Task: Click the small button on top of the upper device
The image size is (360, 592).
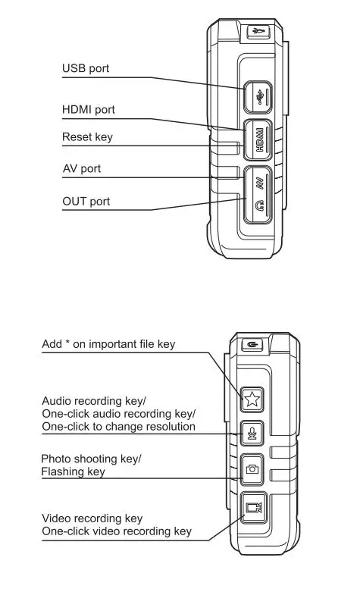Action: click(258, 31)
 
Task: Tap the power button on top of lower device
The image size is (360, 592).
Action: click(252, 345)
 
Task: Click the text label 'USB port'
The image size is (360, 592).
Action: click(85, 69)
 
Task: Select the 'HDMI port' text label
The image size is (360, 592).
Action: click(88, 110)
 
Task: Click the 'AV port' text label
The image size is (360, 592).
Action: click(81, 168)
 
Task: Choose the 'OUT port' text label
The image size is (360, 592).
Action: click(86, 201)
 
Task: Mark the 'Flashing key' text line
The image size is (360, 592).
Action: click(73, 472)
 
